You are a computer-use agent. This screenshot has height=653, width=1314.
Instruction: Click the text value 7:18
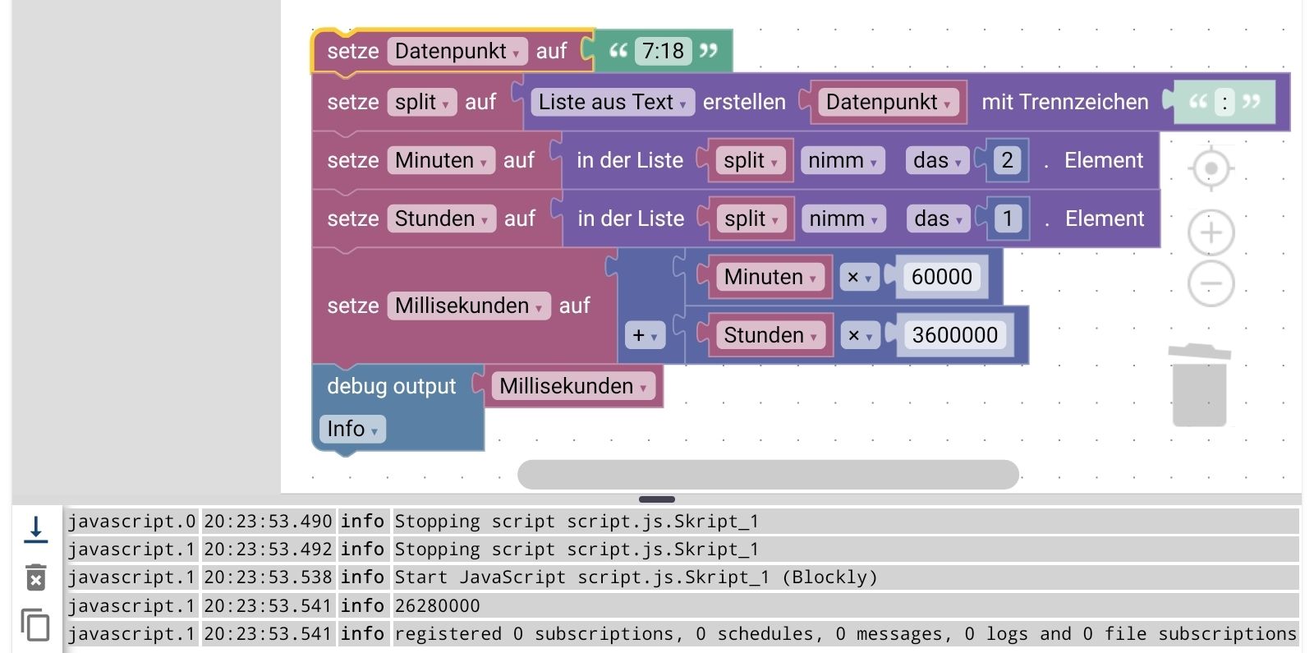tap(663, 51)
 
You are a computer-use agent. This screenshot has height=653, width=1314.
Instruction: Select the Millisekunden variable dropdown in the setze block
tap(468, 306)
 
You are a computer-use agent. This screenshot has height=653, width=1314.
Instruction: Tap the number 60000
tap(941, 277)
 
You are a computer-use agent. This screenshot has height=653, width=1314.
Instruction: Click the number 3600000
tap(954, 335)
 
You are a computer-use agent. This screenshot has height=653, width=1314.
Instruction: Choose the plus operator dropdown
tap(645, 335)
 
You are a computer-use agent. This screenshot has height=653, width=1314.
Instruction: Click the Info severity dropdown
tap(351, 429)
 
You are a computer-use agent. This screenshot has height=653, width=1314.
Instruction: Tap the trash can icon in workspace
tap(1199, 385)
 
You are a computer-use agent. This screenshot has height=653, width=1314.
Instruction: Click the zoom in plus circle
tap(1211, 232)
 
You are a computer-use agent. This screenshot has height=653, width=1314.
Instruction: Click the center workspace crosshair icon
tap(1211, 169)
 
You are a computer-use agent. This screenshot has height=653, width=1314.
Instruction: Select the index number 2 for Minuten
tap(1007, 160)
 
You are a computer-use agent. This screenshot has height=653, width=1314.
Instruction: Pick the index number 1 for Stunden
tap(1008, 218)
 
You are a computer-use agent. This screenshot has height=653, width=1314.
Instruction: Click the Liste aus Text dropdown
tap(612, 102)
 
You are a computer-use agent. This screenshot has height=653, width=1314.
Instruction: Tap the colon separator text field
tap(1224, 102)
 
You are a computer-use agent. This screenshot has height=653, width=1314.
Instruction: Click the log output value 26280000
tap(437, 606)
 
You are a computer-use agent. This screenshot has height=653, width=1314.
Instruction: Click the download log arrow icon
tap(35, 530)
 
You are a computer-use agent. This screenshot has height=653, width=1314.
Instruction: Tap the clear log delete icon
tap(35, 577)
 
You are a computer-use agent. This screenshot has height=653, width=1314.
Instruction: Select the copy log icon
tap(35, 625)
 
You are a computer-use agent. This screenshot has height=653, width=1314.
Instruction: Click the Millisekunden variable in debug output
tap(572, 386)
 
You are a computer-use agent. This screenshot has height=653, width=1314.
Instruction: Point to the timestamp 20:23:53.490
tap(268, 522)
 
